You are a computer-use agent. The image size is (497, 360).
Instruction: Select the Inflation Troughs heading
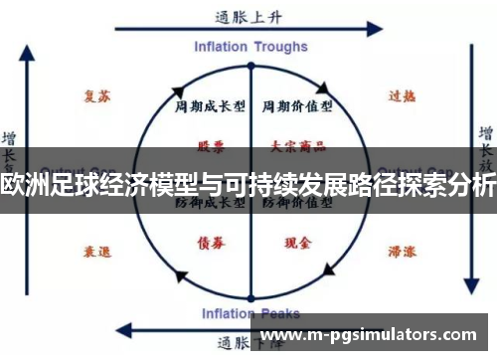pos(248,48)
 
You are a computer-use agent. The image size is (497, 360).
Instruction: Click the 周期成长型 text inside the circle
pos(204,104)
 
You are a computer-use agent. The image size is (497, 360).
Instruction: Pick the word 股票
pos(210,145)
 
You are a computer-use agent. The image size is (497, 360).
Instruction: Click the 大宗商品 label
pos(290,145)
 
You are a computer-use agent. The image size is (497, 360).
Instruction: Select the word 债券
pos(210,242)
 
